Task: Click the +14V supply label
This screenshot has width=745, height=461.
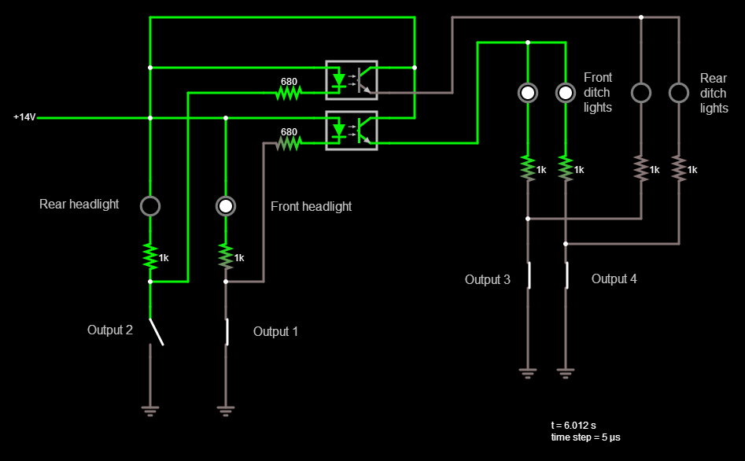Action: point(24,117)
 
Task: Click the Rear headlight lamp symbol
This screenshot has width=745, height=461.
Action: point(149,206)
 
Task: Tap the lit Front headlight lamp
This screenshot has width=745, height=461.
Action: point(226,206)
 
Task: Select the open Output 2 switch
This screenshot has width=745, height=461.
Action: point(156,331)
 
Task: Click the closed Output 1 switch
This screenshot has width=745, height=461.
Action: point(227,331)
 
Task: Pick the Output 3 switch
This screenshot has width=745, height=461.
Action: point(529,275)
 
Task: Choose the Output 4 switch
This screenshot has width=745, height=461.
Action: point(566,275)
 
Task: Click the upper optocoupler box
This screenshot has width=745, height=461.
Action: point(352,80)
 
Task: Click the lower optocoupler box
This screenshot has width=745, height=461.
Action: point(352,131)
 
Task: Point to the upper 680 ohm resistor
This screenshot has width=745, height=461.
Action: point(289,93)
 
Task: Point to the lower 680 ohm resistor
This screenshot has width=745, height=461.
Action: point(289,143)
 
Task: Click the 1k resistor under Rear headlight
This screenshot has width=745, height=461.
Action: point(149,256)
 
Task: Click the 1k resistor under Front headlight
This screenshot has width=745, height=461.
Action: point(226,256)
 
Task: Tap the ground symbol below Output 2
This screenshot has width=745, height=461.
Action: point(149,408)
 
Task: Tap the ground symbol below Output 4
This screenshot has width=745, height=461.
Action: point(566,372)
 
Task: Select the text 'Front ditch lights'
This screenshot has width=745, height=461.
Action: point(598,92)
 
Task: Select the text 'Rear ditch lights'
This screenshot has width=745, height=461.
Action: point(714,92)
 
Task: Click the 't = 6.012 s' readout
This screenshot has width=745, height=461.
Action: point(578,425)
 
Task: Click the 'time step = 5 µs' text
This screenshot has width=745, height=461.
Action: point(586,437)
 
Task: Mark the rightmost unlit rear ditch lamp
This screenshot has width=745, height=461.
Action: point(679,93)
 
